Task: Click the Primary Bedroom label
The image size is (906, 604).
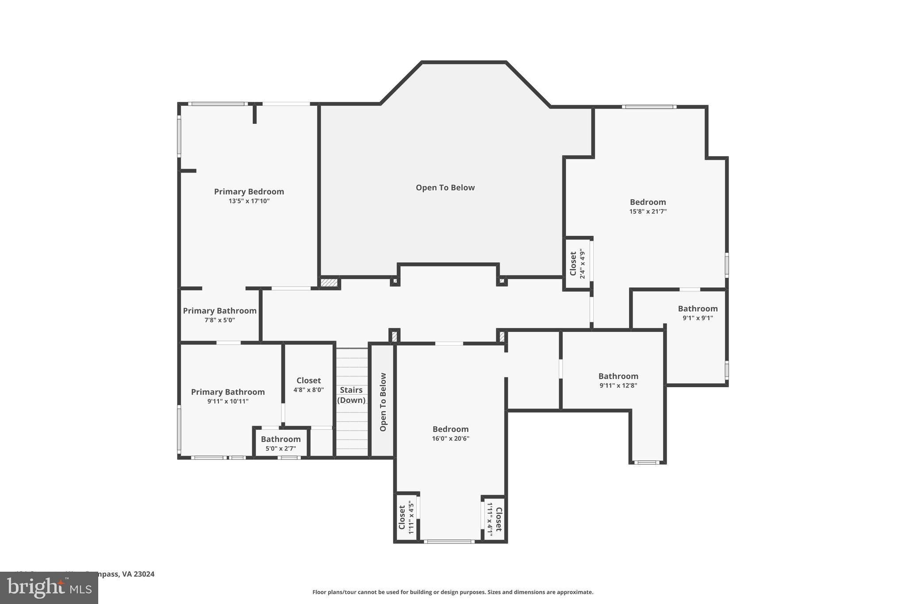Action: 249,192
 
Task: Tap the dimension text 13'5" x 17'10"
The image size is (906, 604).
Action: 249,201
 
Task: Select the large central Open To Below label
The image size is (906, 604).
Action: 445,188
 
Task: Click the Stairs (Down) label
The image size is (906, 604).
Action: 351,395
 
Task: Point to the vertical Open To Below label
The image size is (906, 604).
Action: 383,402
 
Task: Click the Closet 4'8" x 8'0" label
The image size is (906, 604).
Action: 308,385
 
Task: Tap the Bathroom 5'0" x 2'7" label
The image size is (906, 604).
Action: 280,443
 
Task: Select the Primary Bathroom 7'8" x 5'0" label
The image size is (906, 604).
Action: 219,315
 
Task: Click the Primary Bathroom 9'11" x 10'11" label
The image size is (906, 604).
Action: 228,396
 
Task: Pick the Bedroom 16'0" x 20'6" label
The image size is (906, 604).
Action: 450,433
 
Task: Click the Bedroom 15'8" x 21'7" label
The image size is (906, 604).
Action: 648,206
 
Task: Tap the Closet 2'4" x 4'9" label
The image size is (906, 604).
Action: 577,264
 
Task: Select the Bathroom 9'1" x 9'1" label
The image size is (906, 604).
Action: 698,312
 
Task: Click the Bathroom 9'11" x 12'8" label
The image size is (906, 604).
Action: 618,380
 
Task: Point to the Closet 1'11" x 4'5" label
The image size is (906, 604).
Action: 406,517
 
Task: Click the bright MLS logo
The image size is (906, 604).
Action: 49,588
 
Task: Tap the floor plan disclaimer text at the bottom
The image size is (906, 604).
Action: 453,592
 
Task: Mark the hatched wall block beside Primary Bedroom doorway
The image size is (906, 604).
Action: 329,282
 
